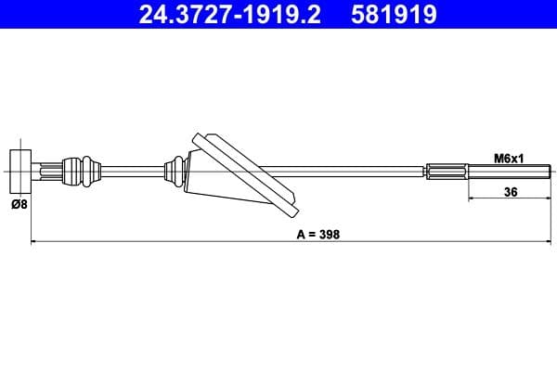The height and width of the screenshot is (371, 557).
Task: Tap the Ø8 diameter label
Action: pyautogui.click(x=19, y=205)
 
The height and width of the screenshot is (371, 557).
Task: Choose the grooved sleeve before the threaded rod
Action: pyautogui.click(x=448, y=170)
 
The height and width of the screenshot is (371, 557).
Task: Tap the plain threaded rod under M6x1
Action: pyautogui.click(x=511, y=170)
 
